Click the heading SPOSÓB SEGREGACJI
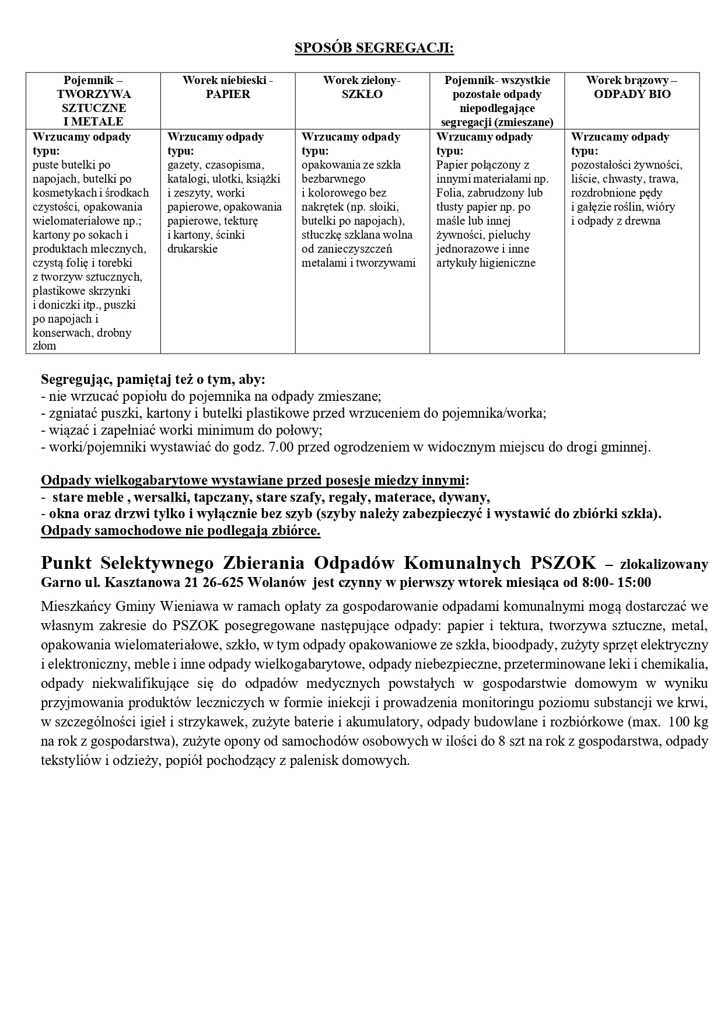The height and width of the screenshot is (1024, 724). pos(374,48)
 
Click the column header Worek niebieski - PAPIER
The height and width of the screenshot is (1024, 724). pos(228,87)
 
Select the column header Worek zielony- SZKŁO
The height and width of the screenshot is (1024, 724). pos(362,87)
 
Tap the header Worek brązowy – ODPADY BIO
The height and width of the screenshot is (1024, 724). pos(632,87)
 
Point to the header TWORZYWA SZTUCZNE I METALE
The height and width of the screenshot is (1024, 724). pos(93,107)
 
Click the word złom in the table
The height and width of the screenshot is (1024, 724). pos(44,346)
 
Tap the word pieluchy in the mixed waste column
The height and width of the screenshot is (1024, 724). pos(510,235)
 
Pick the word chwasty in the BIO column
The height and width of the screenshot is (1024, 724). pos(621,179)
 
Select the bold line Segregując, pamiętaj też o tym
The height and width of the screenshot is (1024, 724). pos(153,380)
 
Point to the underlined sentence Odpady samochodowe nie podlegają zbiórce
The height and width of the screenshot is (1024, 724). pos(180,532)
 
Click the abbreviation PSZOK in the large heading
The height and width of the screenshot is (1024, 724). pos(563,562)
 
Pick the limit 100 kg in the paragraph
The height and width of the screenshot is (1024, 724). pos(688,722)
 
